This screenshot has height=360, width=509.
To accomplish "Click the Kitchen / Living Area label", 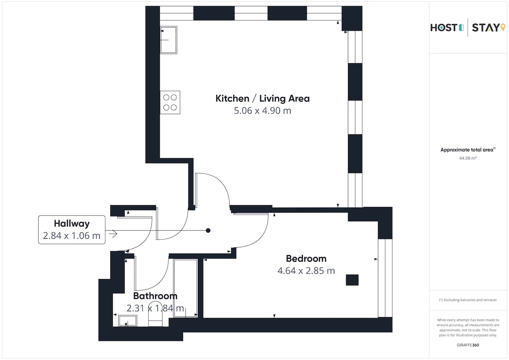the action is click(263, 98).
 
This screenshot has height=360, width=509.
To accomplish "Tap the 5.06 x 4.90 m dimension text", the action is click(263, 111).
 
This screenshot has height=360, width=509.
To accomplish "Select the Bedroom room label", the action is click(306, 259).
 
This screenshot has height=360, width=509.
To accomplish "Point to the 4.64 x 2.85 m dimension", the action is click(306, 271).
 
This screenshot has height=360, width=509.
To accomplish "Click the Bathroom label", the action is click(155, 296).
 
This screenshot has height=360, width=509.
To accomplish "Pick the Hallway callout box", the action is click(72, 230).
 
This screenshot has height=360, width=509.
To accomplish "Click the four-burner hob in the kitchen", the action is click(170, 103).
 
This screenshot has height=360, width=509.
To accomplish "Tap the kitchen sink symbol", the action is click(169, 40).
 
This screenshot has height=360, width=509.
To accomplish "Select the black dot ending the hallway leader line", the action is click(208, 231).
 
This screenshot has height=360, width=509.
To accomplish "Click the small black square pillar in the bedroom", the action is click(352, 280).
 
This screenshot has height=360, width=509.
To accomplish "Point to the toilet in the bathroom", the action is click(155, 314).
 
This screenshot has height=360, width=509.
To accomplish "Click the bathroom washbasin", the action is click(128, 321).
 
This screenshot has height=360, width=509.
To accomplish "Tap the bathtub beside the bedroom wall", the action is click(185, 288).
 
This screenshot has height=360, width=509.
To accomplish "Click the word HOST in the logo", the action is click(444, 28).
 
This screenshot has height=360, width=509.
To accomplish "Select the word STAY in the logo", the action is click(485, 28).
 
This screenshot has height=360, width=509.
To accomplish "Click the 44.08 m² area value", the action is click(468, 158).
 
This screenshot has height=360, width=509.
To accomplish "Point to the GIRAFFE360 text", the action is click(468, 345).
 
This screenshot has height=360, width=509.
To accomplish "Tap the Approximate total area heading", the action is click(468, 150).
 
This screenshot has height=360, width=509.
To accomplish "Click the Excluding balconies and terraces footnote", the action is click(467, 300).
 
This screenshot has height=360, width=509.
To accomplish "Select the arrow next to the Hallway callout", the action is click(113, 234).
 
